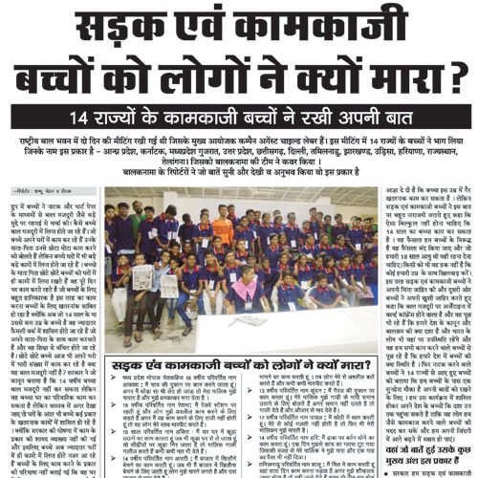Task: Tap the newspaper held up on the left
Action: coord(142,277)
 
